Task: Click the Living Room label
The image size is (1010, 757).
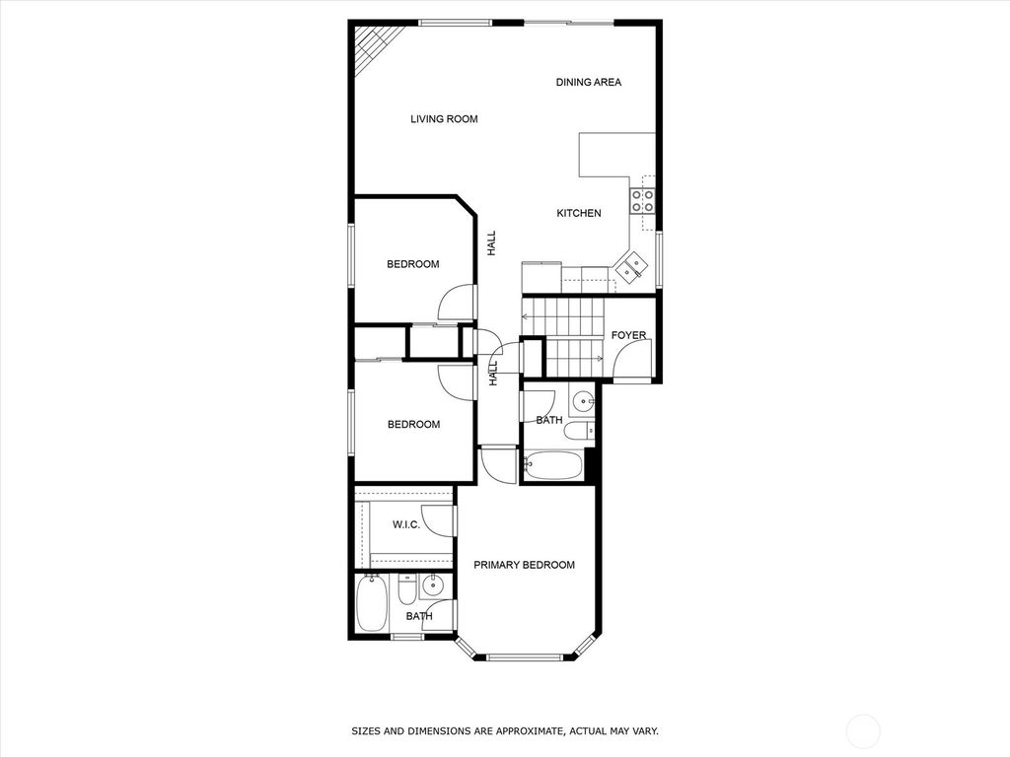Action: (x=444, y=119)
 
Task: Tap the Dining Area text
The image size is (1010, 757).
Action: (x=588, y=83)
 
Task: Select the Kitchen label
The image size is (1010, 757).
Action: (x=578, y=213)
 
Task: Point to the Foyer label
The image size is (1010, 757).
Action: (x=628, y=336)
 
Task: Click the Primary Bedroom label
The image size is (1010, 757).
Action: (x=524, y=565)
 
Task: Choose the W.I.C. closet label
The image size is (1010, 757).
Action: (x=406, y=525)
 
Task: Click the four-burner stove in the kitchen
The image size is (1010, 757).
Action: (x=642, y=201)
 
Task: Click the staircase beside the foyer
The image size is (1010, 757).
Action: (x=567, y=337)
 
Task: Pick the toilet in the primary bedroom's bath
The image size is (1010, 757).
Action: (x=406, y=590)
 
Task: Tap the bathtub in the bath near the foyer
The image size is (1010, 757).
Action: (x=554, y=465)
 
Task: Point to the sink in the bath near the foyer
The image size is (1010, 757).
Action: (x=583, y=401)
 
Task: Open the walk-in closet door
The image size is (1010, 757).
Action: (x=446, y=521)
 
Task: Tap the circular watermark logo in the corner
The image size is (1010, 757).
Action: (x=865, y=730)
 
